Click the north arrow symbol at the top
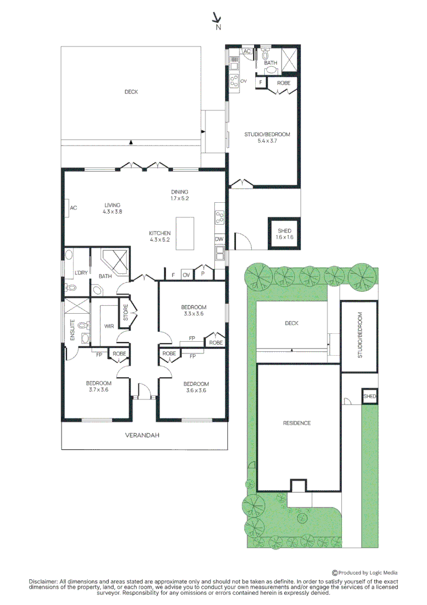tap(217, 17)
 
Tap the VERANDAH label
tap(142, 435)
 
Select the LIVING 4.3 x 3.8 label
tap(112, 208)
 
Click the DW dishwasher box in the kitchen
tap(219, 239)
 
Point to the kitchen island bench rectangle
tap(185, 234)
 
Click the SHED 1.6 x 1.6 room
tap(284, 234)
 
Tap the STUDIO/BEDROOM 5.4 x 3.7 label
tap(267, 137)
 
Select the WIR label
tap(109, 326)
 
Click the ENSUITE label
tap(72, 329)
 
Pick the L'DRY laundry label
tap(81, 272)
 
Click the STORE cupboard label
tap(125, 313)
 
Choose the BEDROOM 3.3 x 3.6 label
tap(194, 310)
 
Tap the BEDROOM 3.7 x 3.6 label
tap(98, 386)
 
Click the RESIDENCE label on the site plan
tap(297, 423)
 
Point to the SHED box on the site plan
tap(369, 396)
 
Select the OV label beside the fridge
tap(186, 274)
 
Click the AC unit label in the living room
tap(73, 208)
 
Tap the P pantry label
tap(203, 273)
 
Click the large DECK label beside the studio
tap(131, 91)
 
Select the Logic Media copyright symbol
tap(335, 573)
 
